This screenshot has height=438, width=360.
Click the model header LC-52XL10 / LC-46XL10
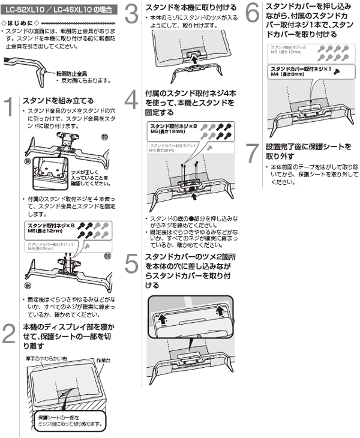pos(56,10)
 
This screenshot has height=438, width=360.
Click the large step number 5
pos(133,264)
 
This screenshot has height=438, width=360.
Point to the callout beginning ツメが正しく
pos(71,174)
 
